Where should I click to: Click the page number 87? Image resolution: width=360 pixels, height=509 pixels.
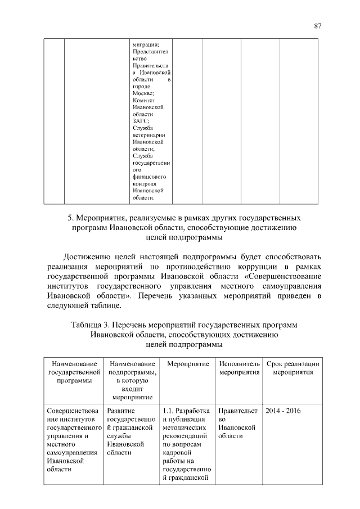pyautogui.click(x=317, y=26)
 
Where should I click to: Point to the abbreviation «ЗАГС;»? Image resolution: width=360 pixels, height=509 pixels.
pyautogui.click(x=141, y=120)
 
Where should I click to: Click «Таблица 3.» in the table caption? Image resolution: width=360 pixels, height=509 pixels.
pyautogui.click(x=91, y=325)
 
